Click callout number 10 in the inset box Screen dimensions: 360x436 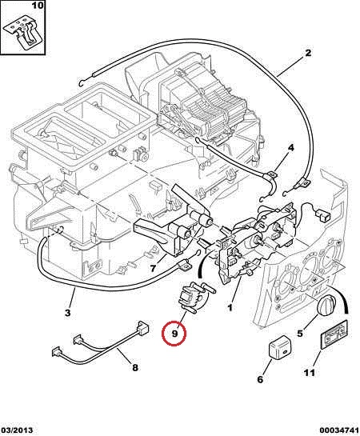point(38,6)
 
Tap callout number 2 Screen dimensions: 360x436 point(308,53)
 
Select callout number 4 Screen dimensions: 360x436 point(290,148)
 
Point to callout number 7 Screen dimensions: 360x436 point(153,268)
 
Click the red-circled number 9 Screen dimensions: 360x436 point(174,333)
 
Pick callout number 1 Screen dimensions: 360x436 point(230,307)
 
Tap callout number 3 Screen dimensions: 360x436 point(68,313)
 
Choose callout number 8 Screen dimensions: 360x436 point(135,367)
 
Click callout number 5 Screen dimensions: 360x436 point(300,333)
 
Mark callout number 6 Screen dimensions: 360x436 point(260,379)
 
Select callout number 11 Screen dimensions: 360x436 point(309,373)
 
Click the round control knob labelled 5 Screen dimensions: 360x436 point(327,306)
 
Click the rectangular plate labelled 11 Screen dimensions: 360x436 point(334,334)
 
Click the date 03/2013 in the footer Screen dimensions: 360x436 point(17,430)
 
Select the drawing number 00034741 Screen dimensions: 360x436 point(339,430)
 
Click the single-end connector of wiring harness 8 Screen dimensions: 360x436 point(142,327)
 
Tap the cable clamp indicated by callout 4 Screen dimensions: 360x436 point(271,178)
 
